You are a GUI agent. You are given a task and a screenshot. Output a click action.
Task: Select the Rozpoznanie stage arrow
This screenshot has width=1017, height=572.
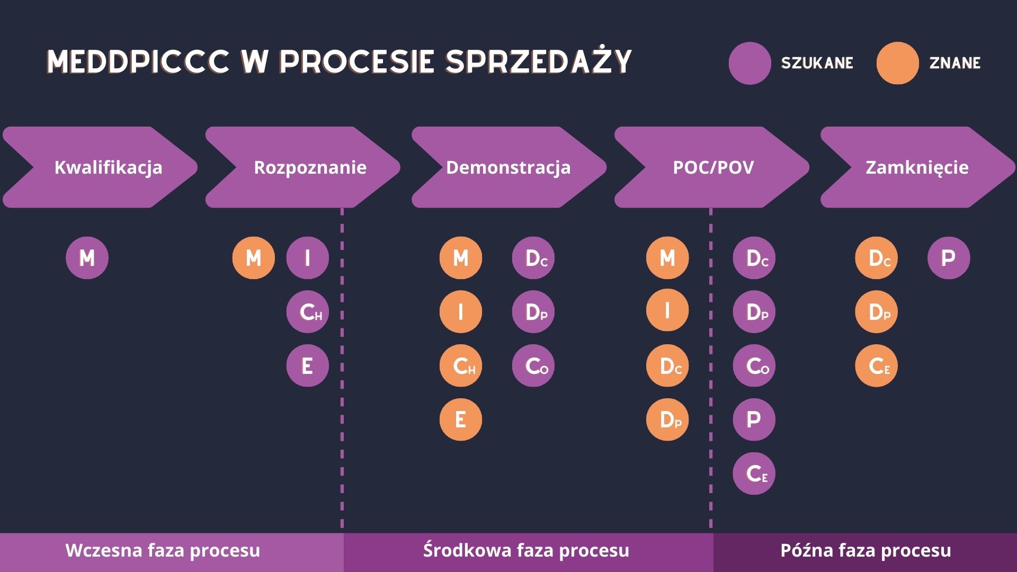click(310, 167)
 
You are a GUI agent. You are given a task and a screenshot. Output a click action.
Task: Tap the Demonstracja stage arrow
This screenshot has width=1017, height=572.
click(508, 167)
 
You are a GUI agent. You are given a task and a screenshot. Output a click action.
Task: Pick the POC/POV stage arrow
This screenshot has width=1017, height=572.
click(713, 167)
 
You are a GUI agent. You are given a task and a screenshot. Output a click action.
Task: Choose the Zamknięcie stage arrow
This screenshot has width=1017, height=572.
click(916, 167)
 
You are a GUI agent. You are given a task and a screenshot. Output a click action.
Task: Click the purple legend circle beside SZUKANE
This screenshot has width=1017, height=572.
click(749, 63)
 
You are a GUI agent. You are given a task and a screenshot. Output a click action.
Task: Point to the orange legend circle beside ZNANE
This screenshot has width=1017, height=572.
click(897, 63)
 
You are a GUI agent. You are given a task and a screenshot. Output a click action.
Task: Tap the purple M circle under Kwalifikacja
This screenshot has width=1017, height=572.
click(87, 258)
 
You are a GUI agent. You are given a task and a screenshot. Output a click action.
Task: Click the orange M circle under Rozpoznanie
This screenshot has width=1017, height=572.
click(253, 258)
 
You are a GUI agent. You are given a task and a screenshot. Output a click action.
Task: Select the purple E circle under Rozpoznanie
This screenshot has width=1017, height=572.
click(307, 365)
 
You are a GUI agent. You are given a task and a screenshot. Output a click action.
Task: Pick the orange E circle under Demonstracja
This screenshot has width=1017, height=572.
click(460, 419)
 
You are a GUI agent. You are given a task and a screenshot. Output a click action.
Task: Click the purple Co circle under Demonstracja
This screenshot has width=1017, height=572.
click(533, 365)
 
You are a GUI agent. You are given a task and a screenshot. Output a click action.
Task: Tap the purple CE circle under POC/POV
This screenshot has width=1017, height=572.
click(754, 473)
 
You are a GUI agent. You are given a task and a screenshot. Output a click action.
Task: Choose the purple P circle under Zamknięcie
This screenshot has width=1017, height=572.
click(948, 258)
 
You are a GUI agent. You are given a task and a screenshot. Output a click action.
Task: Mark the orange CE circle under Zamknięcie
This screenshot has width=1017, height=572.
click(876, 365)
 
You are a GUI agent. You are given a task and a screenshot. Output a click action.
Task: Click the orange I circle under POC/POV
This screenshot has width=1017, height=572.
click(667, 310)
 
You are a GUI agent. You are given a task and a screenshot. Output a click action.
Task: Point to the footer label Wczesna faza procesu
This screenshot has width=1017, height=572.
click(163, 550)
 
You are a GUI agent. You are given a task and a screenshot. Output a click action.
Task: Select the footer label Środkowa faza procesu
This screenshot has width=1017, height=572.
click(526, 550)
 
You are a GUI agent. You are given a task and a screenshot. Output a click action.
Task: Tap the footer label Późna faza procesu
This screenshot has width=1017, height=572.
click(866, 550)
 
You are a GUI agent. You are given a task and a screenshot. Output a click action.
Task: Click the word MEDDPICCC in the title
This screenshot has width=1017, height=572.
click(138, 62)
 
